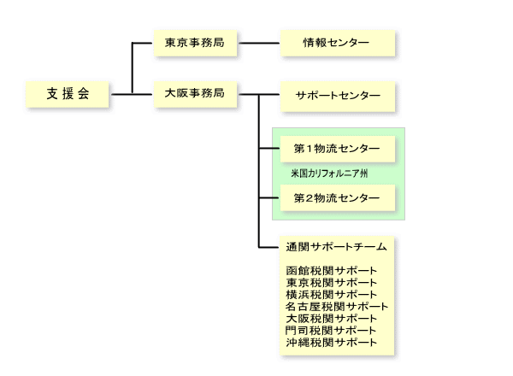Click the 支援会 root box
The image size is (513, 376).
tap(68, 93)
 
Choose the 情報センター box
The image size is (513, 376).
tap(337, 43)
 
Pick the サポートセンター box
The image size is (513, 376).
tap(337, 94)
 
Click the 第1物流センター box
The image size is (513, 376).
tap(337, 149)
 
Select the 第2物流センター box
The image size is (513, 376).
tap(337, 198)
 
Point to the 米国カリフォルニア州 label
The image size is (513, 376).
tap(329, 173)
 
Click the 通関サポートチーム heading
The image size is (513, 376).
tap(337, 247)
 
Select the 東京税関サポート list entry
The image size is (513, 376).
tap(332, 283)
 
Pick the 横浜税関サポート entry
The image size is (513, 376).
tap(332, 295)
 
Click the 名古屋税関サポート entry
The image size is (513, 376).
tap(337, 307)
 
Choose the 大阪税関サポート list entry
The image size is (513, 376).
tap(332, 319)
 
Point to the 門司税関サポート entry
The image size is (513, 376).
tap(332, 331)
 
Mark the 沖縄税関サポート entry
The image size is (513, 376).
tap(332, 343)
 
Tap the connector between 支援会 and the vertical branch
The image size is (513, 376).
tap(121, 93)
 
